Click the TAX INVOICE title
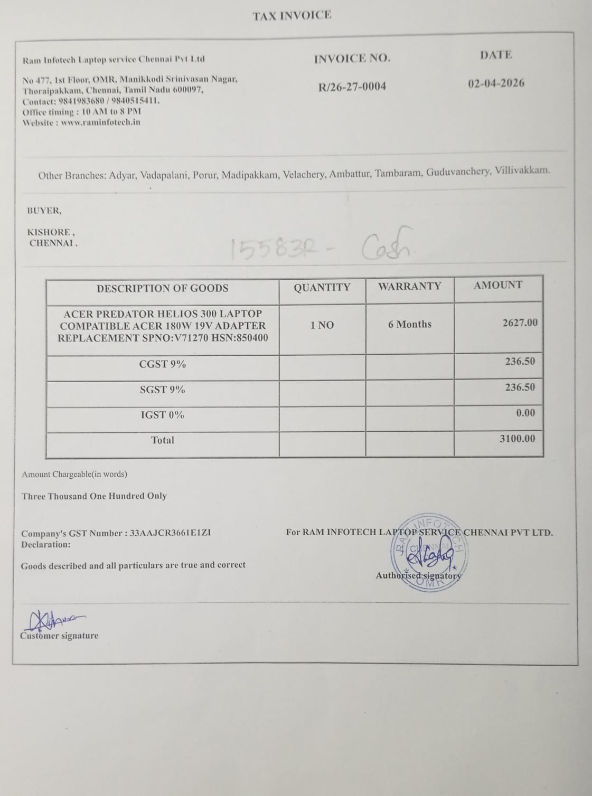292,16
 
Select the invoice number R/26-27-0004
352,87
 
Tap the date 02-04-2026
496,83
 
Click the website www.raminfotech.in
100,122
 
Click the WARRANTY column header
409,286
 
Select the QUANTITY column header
322,287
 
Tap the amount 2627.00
520,323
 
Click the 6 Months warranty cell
409,324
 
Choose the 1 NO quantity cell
322,325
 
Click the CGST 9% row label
162,364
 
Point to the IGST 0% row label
162,415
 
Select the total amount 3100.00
517,439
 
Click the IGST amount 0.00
525,413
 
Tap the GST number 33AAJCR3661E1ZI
170,533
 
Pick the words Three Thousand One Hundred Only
94,496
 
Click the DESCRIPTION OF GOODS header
162,288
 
